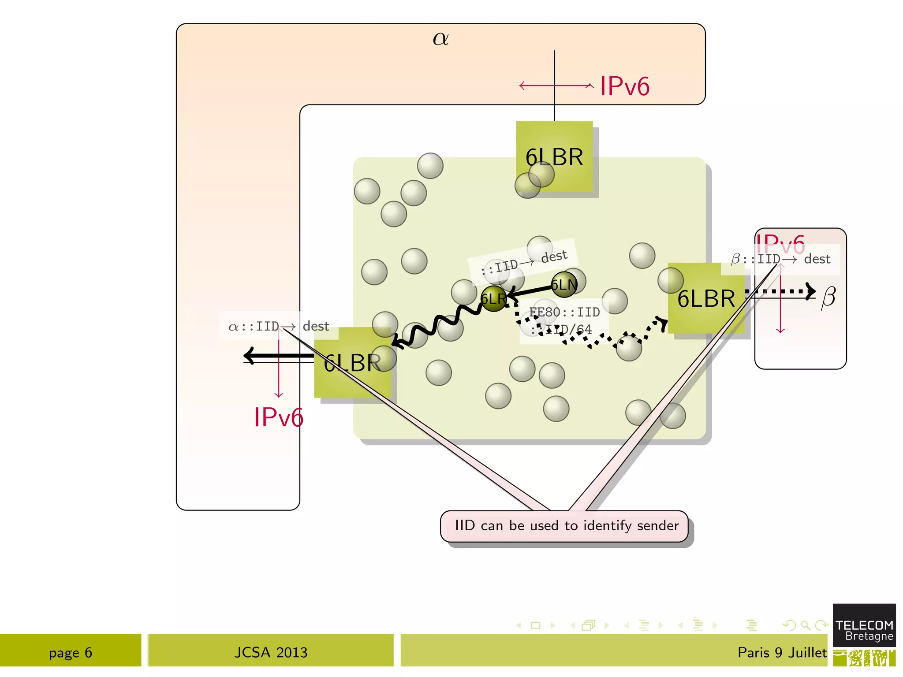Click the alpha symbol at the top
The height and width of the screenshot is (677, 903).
pos(440,39)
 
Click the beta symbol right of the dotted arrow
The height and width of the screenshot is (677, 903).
pos(828,297)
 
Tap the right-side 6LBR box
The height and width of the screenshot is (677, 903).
pos(706,299)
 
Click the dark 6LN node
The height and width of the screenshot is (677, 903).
pos(564,285)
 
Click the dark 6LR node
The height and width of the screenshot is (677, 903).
pos(493,299)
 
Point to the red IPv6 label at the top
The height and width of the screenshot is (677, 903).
pos(624,86)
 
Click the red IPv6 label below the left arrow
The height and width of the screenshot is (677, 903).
pos(279,417)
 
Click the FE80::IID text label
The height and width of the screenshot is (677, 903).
pos(564,312)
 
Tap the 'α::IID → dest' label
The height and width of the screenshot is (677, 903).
pos(279,327)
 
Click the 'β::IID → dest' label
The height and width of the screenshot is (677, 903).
pos(780,259)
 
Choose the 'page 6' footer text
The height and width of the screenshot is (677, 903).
pos(71,653)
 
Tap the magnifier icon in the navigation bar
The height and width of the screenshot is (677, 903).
pos(805,625)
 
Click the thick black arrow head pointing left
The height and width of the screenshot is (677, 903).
pos(250,356)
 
